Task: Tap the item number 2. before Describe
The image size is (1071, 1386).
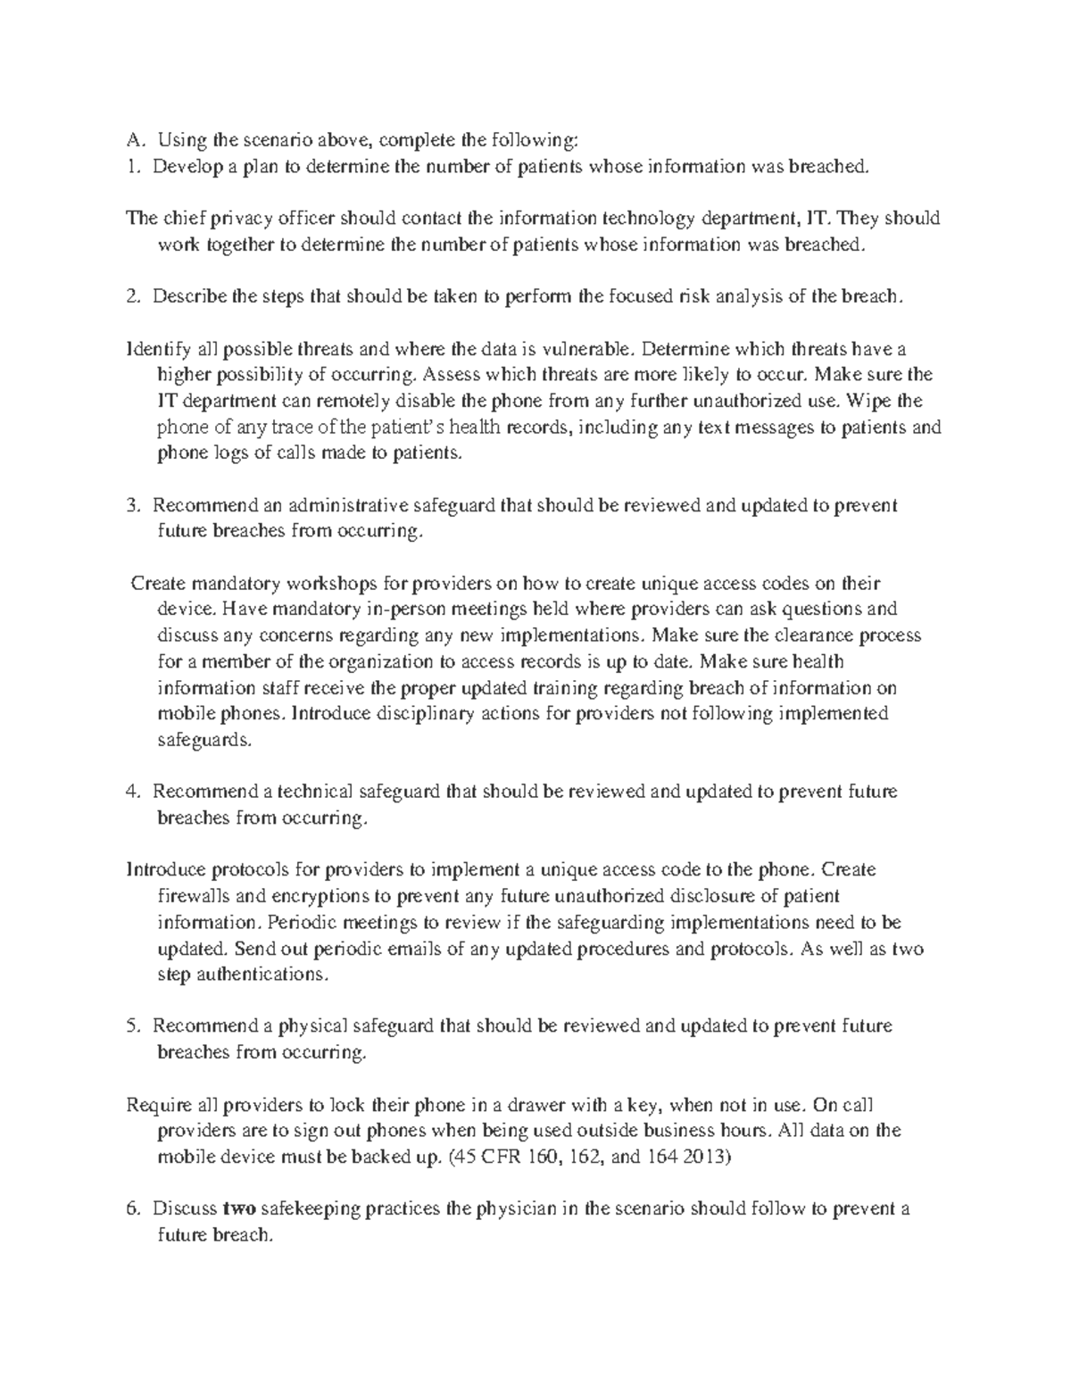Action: [x=135, y=296]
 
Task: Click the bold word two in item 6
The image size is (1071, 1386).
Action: [x=239, y=1209]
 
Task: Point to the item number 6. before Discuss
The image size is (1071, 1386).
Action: [x=135, y=1209]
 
